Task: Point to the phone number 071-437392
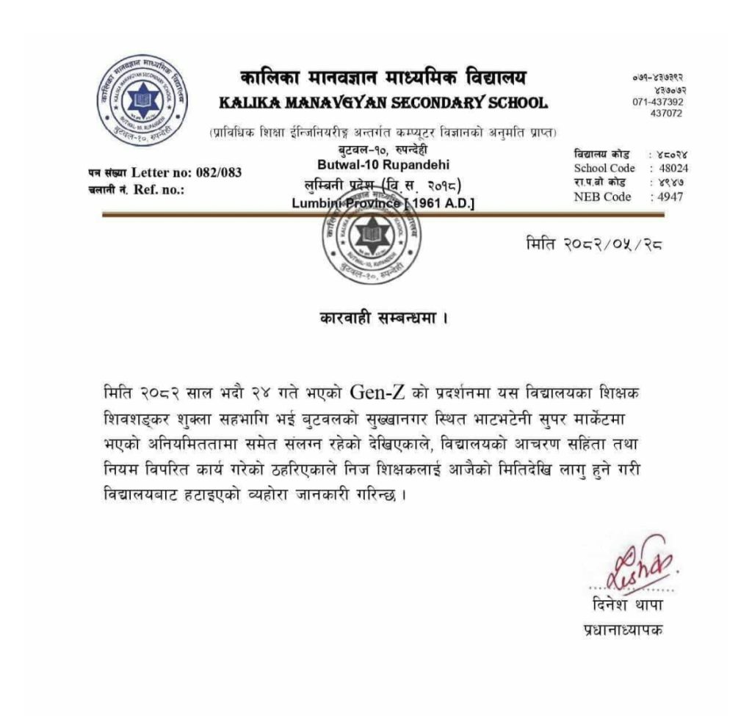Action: (x=657, y=102)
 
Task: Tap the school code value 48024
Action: (x=673, y=168)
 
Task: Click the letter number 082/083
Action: (x=218, y=173)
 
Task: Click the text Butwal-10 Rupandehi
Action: (x=383, y=165)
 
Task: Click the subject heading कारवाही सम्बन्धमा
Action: (x=383, y=318)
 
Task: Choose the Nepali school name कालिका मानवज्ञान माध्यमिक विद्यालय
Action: (x=383, y=78)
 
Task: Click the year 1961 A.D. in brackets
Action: (x=442, y=203)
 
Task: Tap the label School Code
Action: (x=604, y=168)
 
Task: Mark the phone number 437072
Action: (x=666, y=113)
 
